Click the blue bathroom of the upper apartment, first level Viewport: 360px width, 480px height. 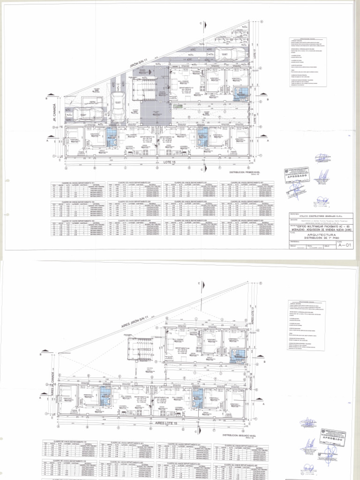pyautogui.click(x=243, y=92)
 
